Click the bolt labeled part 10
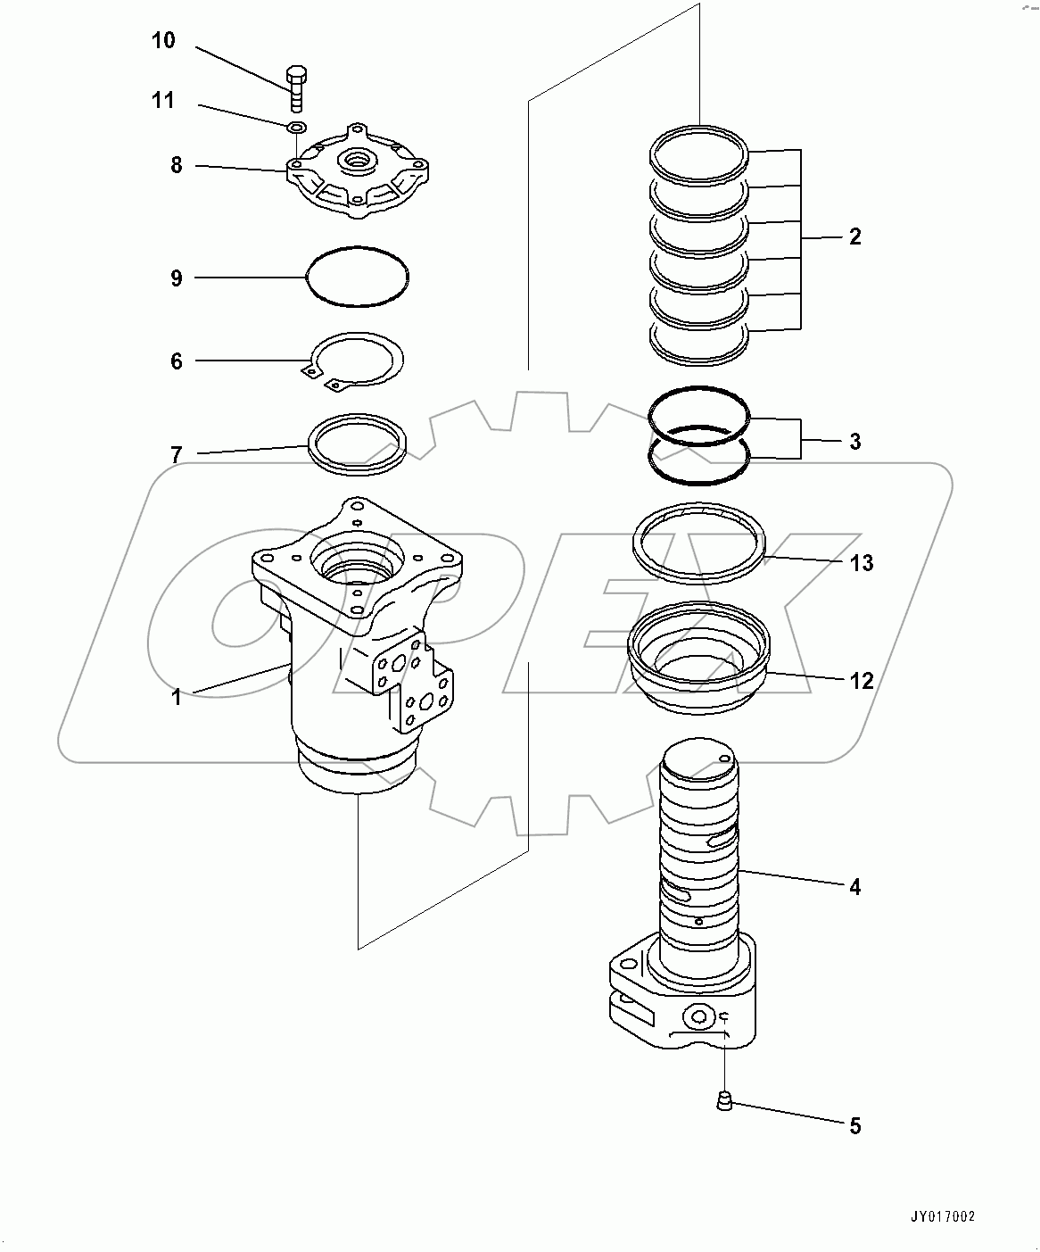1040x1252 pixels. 296,85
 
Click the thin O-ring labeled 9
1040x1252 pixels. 358,250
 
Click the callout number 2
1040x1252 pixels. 854,237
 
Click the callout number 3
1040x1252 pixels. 854,441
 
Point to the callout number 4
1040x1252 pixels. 854,887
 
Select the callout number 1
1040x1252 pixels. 177,697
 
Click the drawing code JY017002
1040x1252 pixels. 942,1216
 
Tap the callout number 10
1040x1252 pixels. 163,41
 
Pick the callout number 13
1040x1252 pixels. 862,563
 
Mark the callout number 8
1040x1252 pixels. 177,165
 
